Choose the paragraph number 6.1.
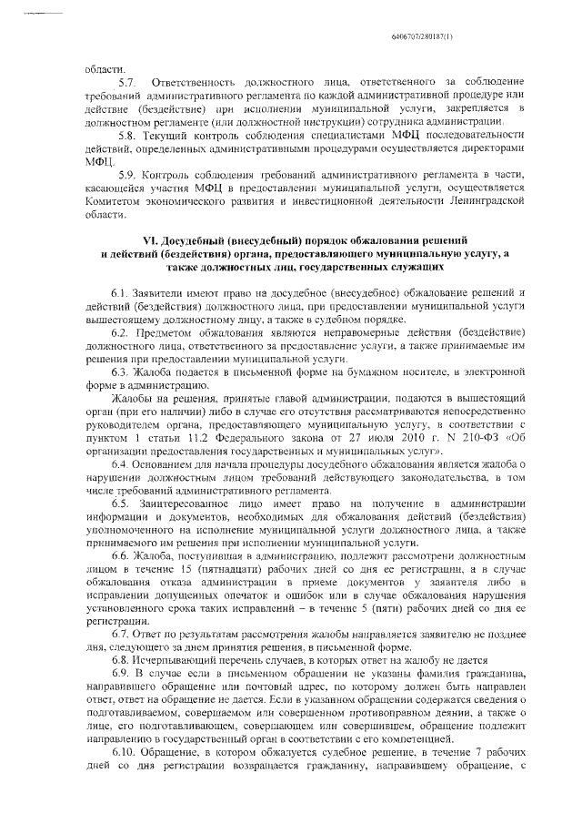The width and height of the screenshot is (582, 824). (122, 293)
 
